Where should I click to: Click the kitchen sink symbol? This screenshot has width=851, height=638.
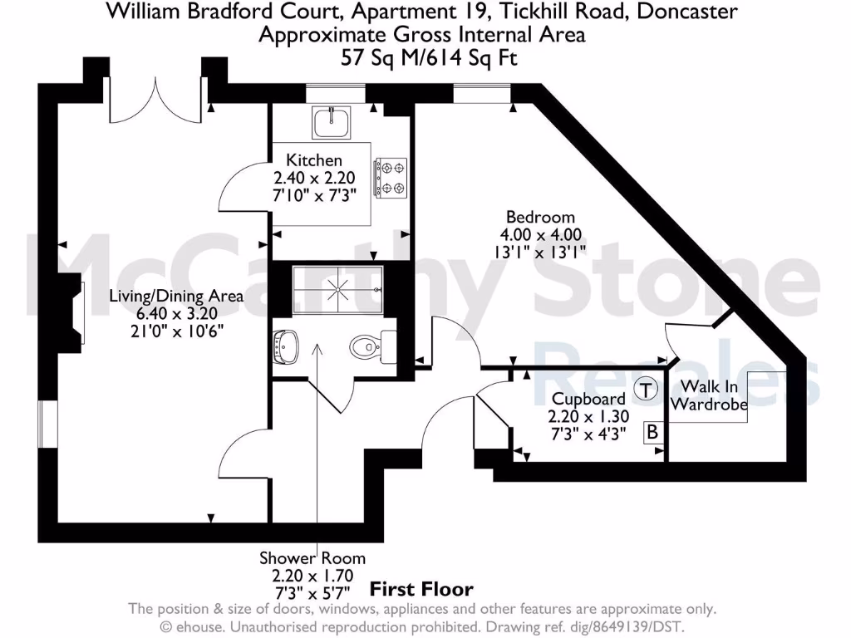coord(333,123)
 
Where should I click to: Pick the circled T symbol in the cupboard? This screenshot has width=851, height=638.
coord(647,389)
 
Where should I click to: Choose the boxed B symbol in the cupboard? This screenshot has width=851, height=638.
coord(652,432)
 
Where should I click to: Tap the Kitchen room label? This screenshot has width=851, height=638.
coord(313,160)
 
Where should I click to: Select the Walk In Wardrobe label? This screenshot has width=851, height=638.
coord(709,396)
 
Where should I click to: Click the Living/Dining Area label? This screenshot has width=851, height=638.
coord(178,296)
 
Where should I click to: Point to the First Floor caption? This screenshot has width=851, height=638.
coord(421,590)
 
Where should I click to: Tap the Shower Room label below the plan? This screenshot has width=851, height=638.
coord(312,558)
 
